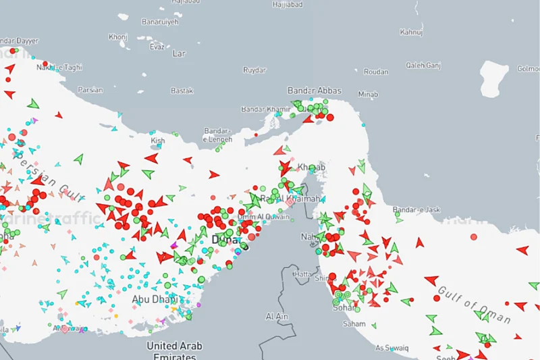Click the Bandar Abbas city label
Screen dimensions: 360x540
[x=315, y=91]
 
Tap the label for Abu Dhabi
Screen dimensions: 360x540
[x=155, y=299]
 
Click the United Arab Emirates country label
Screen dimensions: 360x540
[x=175, y=351]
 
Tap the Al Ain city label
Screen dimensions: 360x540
[x=277, y=316]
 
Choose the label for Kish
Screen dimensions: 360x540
[x=158, y=140]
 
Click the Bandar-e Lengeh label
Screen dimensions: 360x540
[x=218, y=135]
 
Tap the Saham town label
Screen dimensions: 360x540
[x=354, y=324]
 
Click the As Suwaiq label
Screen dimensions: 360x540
[x=391, y=348]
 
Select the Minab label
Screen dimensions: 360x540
[x=369, y=94]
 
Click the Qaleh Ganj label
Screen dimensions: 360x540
[x=423, y=66]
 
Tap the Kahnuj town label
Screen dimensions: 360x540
[x=411, y=32]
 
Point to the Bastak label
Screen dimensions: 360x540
[x=182, y=91]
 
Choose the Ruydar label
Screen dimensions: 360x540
[x=254, y=70]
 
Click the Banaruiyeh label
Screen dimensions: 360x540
[x=160, y=22]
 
